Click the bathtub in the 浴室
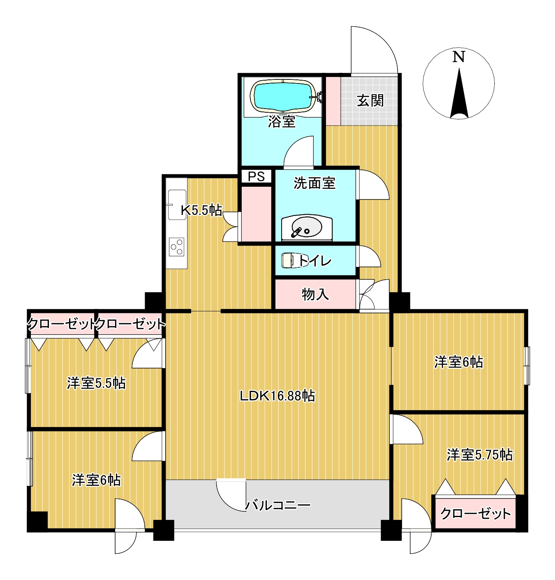pos(283,96)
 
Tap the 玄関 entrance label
pos(370,100)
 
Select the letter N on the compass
pos(459,57)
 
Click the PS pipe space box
pos(257,176)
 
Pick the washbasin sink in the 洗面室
pos(307,228)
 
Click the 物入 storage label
pos(315,295)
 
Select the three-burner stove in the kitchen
pos(176,247)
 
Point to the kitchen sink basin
pos(177,205)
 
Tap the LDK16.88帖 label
pos(277,396)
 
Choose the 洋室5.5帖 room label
pos(96,383)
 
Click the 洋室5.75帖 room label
pos(480,455)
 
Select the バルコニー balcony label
pos(277,505)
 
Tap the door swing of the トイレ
pos(370,256)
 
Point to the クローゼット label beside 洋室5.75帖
pos(476,513)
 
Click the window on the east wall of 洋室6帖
pos(527,366)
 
